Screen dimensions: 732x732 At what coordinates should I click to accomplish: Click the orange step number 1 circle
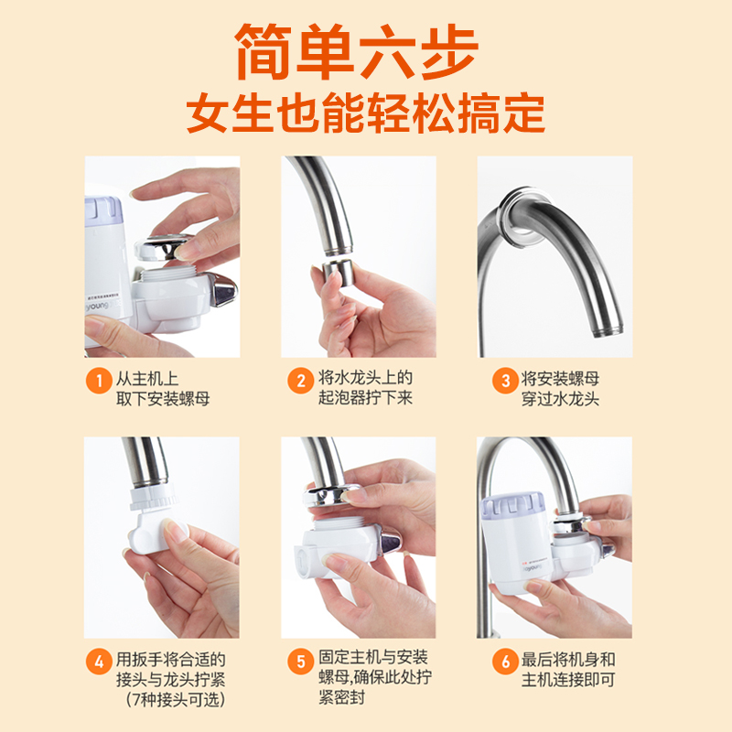[99, 381]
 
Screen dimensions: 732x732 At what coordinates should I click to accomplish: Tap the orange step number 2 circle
[301, 381]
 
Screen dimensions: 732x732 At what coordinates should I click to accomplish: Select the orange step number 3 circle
[505, 381]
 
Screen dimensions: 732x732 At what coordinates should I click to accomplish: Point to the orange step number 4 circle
[99, 662]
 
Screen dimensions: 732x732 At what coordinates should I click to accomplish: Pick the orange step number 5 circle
[301, 662]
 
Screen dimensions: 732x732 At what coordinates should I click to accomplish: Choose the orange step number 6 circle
[505, 662]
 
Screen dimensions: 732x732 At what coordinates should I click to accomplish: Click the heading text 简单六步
[357, 51]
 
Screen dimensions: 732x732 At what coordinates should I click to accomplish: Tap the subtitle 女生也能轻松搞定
[365, 113]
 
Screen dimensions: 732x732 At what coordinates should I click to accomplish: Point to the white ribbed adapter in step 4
[153, 498]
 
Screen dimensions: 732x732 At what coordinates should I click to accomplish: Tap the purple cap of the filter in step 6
[512, 507]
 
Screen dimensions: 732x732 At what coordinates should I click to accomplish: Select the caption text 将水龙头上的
[365, 378]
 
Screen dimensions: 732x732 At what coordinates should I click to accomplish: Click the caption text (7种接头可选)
[176, 699]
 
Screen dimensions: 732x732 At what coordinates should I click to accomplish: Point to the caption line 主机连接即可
[568, 680]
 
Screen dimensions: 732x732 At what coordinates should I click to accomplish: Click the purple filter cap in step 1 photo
[102, 211]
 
